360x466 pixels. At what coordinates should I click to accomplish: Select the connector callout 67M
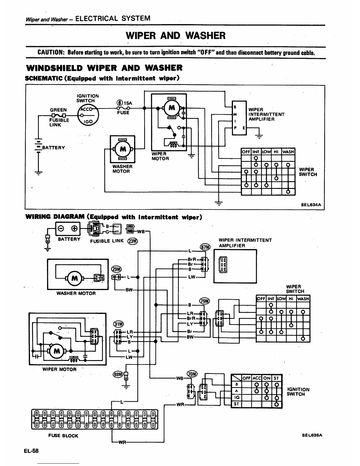point(205,246)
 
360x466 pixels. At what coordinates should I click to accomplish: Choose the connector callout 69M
point(118,374)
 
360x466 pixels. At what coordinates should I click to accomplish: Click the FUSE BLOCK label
point(63,436)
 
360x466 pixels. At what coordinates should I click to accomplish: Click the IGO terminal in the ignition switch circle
point(88,122)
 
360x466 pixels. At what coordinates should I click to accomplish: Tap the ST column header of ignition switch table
point(276,378)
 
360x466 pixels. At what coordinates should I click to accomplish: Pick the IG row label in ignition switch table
point(237,397)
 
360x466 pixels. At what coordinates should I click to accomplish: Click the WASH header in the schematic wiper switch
point(288,152)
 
